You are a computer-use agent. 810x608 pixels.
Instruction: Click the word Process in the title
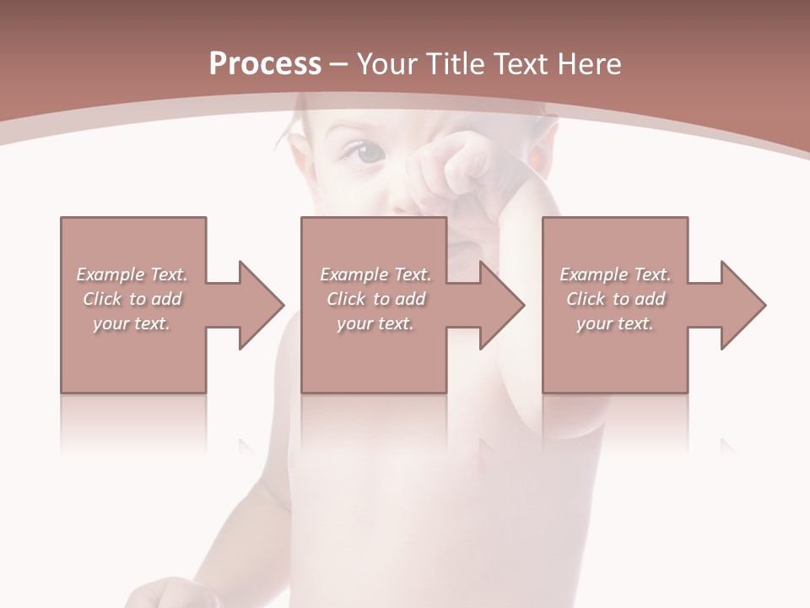tap(265, 64)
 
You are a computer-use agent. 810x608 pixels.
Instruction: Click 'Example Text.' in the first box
tap(132, 274)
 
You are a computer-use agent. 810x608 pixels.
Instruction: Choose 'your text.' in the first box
tap(132, 323)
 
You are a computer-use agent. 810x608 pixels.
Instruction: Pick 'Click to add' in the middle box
tap(375, 299)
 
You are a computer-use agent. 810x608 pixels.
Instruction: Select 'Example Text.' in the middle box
tap(375, 274)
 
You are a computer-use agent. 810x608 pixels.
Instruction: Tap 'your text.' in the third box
tap(615, 323)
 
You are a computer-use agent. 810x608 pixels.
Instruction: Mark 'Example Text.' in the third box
tap(615, 274)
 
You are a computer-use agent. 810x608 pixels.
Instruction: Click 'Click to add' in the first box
tap(132, 299)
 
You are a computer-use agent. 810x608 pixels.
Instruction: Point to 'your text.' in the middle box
tap(375, 323)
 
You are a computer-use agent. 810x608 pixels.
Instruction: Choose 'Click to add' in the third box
tap(615, 299)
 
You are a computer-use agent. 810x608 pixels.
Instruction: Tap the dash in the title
tap(338, 65)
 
